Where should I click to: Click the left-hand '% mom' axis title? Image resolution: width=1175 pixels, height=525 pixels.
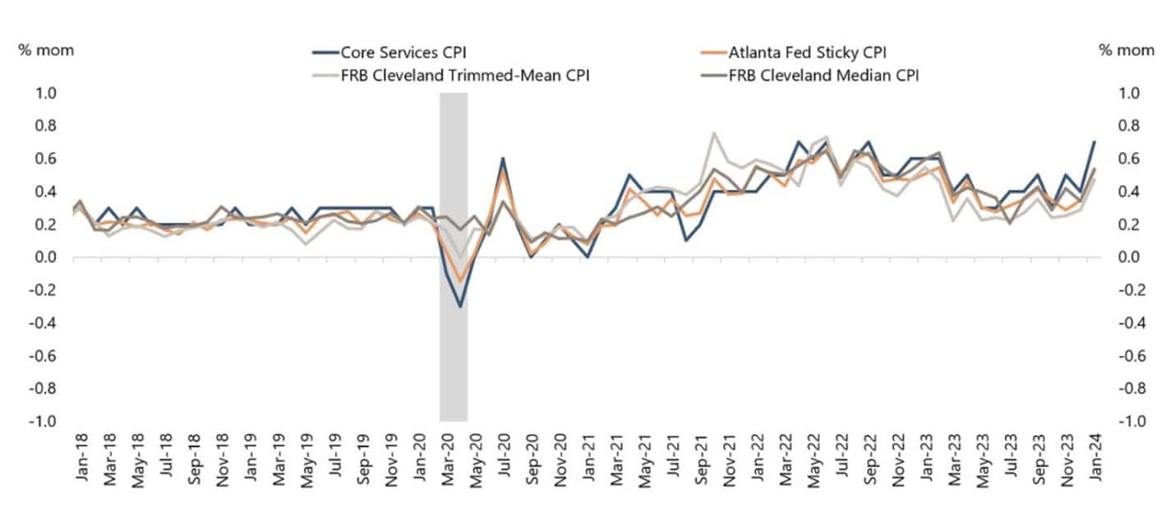click(46, 50)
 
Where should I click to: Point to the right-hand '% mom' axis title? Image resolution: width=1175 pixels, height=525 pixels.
click(1127, 50)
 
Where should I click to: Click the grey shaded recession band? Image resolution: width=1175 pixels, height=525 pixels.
click(454, 345)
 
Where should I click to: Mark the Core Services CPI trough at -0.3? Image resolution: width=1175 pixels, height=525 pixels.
click(460, 306)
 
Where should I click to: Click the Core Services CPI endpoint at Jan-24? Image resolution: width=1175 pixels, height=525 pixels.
click(1094, 142)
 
